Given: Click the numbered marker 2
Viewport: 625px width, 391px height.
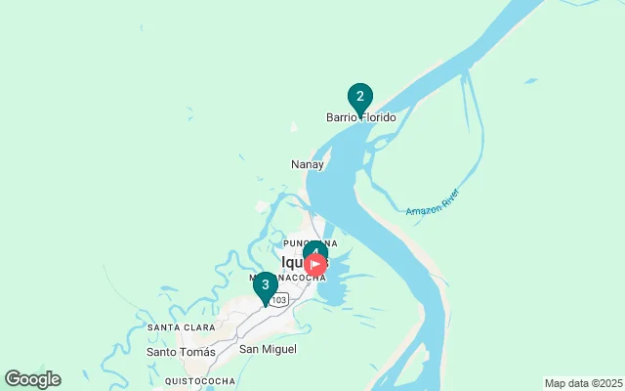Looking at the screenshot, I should pyautogui.click(x=360, y=97).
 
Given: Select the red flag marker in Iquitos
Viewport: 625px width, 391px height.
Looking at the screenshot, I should pyautogui.click(x=316, y=264).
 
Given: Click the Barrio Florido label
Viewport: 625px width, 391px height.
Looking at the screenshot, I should pyautogui.click(x=361, y=118).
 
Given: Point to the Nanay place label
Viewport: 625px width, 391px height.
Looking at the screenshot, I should pyautogui.click(x=308, y=164).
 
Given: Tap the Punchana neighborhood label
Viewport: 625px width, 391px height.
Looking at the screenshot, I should pyautogui.click(x=310, y=243).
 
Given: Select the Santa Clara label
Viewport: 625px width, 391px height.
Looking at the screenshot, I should pyautogui.click(x=181, y=326).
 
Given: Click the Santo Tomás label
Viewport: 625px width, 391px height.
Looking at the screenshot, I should pyautogui.click(x=181, y=351).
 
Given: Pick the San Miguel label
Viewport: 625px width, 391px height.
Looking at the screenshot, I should pyautogui.click(x=268, y=349).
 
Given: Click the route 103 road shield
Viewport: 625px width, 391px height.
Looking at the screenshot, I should pyautogui.click(x=279, y=299).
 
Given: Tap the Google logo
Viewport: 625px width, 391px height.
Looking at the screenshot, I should pyautogui.click(x=32, y=379).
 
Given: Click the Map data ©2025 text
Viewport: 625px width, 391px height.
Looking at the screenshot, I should pyautogui.click(x=583, y=383).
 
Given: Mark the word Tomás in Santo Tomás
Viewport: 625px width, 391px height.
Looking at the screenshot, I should pyautogui.click(x=198, y=351).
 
